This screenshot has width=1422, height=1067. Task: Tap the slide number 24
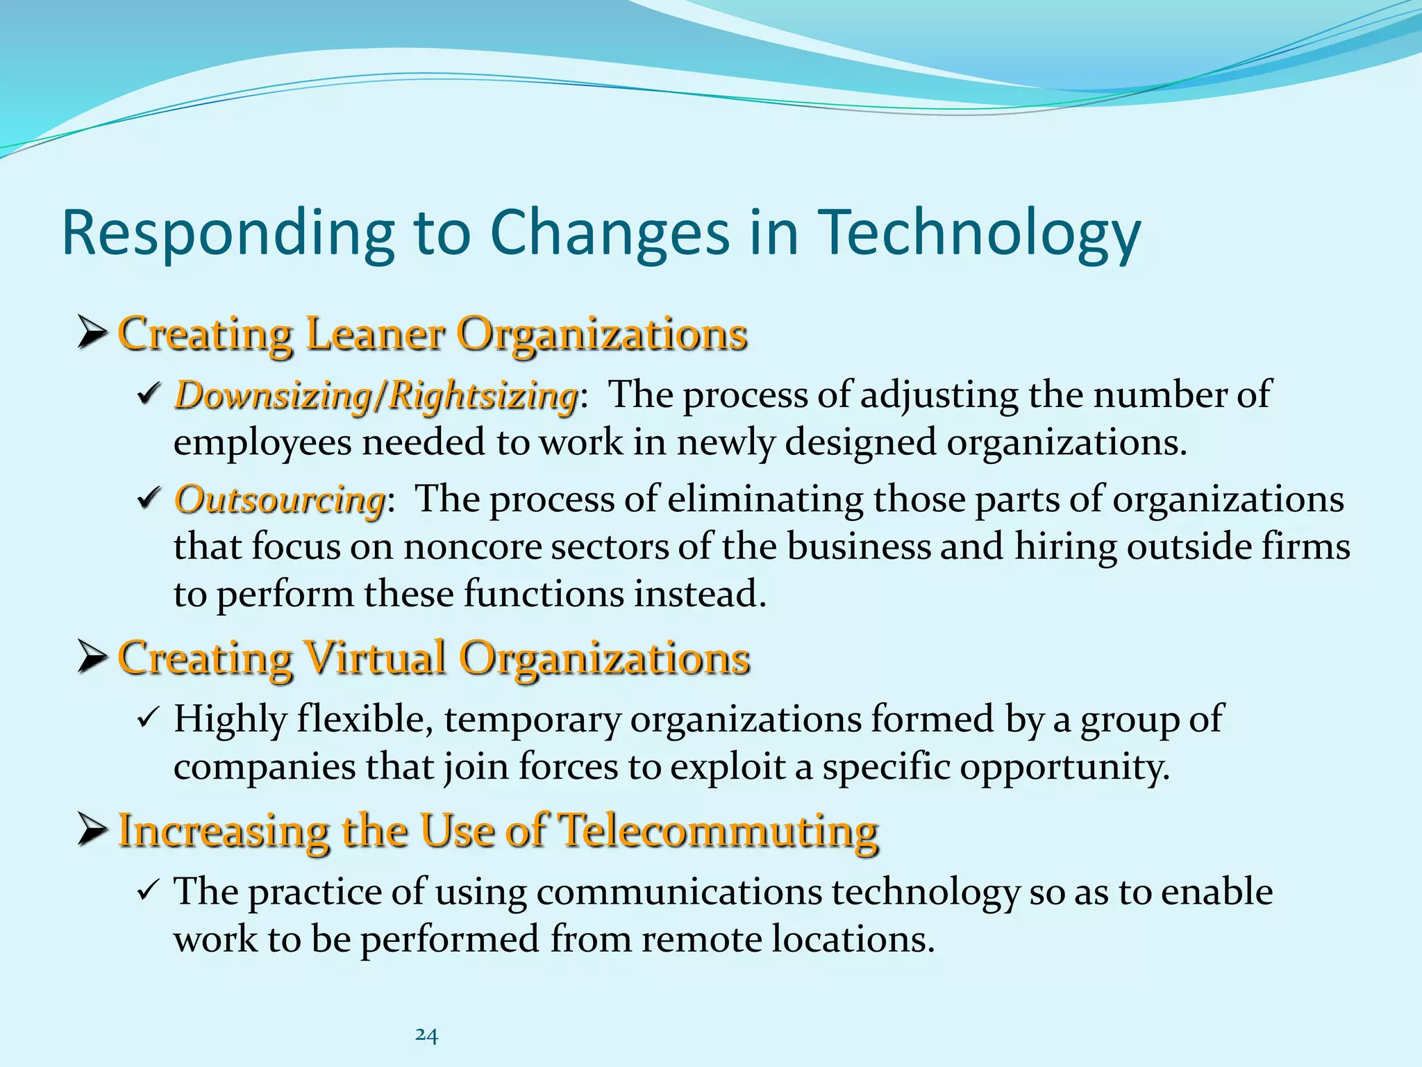click(426, 1035)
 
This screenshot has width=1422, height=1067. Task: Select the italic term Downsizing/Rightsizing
click(376, 395)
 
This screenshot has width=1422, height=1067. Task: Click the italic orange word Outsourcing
click(280, 499)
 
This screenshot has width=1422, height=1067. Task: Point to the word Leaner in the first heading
click(375, 334)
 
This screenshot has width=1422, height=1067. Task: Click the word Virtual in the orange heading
click(375, 658)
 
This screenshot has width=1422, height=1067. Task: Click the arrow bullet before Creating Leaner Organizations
click(92, 333)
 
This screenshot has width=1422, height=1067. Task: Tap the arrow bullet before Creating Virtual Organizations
click(92, 657)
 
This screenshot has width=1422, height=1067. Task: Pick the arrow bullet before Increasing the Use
click(92, 829)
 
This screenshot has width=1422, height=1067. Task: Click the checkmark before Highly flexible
click(149, 717)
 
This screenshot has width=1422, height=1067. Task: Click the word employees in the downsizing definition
click(262, 443)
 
